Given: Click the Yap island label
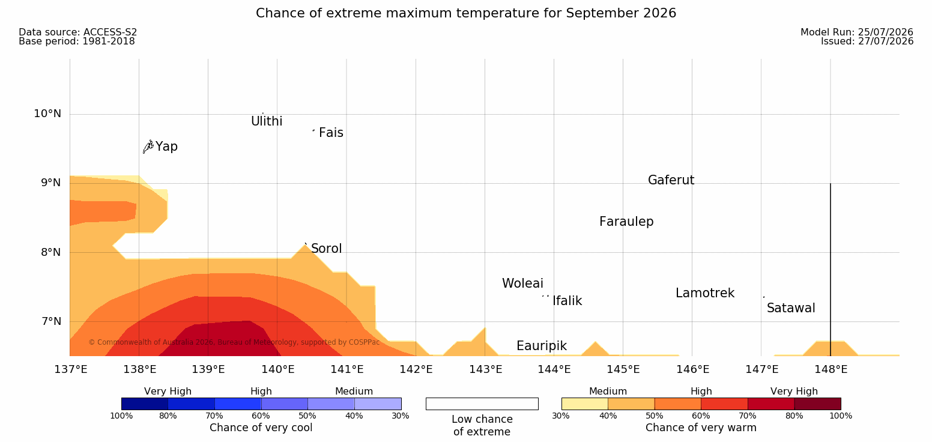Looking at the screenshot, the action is [x=166, y=147].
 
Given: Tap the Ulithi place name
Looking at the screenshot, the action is [x=267, y=121].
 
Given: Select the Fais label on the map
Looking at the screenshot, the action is [x=331, y=133].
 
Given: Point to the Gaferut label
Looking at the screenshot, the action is [x=671, y=180].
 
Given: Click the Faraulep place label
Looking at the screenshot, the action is [x=626, y=222].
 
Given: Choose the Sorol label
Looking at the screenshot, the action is [x=327, y=249].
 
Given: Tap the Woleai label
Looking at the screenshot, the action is [x=522, y=283].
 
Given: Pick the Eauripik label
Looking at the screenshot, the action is [x=542, y=347].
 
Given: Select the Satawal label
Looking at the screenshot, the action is [x=791, y=308].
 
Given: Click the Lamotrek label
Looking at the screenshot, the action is [x=705, y=293].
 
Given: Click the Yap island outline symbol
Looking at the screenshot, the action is [x=148, y=147].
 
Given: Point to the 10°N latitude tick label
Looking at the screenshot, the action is [x=47, y=114].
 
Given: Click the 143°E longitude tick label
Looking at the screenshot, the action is [x=486, y=369].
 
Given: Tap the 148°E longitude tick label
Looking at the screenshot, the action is [x=831, y=369].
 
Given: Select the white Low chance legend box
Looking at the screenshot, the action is [x=482, y=404].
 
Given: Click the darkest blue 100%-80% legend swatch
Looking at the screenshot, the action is [x=145, y=404].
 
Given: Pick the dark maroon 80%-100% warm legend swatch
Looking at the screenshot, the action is [x=817, y=404].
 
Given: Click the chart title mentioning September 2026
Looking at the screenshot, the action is [x=466, y=13].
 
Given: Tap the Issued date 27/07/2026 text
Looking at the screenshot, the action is [x=867, y=41].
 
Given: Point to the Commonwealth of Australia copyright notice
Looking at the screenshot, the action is [x=234, y=342].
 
